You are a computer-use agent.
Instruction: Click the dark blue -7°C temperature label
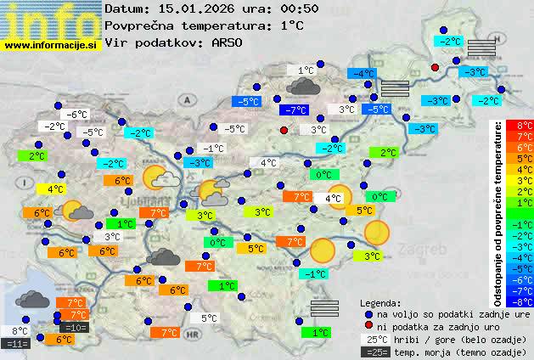click(x=295, y=110)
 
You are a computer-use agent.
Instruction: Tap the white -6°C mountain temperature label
click(x=77, y=115)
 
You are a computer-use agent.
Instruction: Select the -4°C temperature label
click(x=364, y=74)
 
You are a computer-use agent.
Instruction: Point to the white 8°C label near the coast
click(x=20, y=331)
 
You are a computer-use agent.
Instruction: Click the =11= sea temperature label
click(x=17, y=344)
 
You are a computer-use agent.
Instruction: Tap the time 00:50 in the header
click(x=278, y=8)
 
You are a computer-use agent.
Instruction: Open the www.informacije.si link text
click(x=51, y=44)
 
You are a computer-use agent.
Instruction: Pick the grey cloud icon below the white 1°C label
click(x=304, y=86)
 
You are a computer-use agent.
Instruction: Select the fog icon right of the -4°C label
click(x=394, y=87)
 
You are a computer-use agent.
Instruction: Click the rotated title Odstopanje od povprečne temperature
click(x=498, y=212)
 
